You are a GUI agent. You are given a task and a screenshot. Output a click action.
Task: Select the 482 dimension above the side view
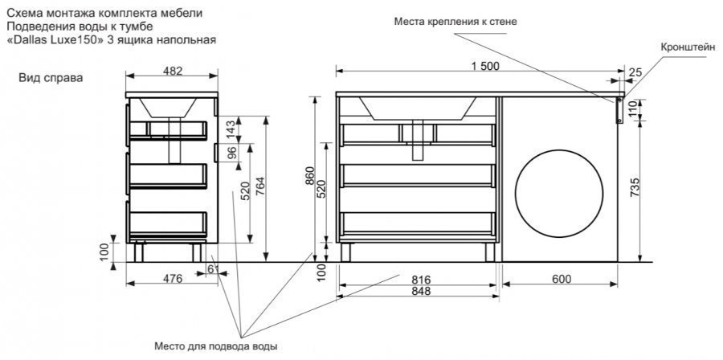coord(173,71)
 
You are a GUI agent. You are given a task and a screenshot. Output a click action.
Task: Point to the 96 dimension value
coord(231,153)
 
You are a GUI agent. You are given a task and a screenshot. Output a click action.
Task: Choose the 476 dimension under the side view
coord(171,279)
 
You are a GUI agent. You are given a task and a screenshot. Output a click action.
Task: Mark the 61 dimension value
coord(213,268)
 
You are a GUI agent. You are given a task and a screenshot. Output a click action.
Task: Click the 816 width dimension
coord(421,279)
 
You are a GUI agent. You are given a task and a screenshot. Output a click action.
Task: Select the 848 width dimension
coord(421,291)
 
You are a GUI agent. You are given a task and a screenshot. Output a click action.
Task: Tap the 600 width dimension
coord(562,279)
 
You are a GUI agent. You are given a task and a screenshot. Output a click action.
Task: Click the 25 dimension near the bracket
coord(635,73)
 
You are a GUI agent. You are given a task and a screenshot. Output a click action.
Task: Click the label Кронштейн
coord(688,47)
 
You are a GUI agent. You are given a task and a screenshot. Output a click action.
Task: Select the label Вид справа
coord(50,78)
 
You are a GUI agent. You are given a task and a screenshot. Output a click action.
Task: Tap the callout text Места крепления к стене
coord(455,22)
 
